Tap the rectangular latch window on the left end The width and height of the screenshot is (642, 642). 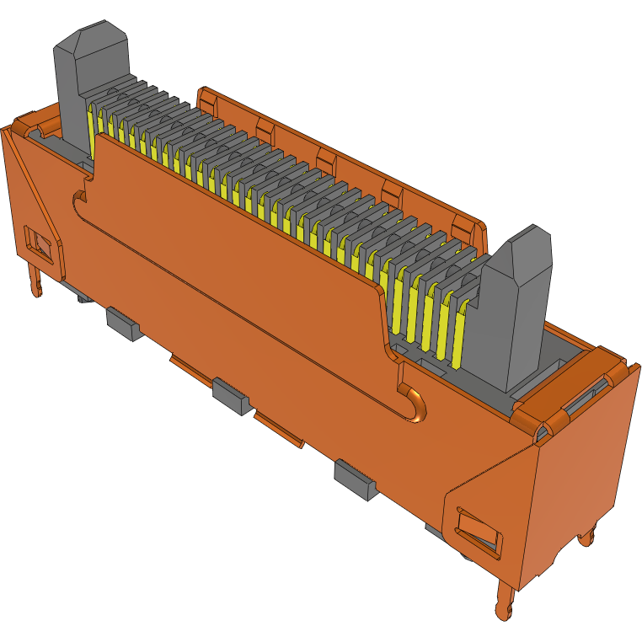[37, 242]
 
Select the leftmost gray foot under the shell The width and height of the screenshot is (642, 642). [124, 324]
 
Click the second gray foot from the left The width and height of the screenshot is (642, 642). [231, 395]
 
